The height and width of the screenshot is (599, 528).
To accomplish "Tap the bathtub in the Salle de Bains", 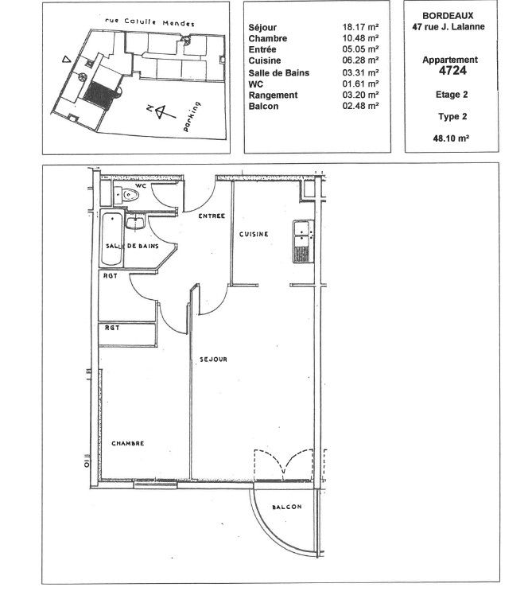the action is click(x=112, y=239).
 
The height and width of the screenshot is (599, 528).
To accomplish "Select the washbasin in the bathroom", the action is click(x=135, y=223).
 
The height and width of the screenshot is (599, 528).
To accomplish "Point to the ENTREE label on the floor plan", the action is click(x=212, y=216).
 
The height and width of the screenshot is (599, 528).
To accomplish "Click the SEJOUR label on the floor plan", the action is click(x=213, y=360).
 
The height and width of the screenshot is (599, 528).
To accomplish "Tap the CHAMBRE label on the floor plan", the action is click(x=128, y=444).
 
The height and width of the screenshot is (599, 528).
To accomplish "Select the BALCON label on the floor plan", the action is click(x=287, y=507).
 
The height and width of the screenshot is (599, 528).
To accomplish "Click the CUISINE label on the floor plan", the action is click(x=254, y=234).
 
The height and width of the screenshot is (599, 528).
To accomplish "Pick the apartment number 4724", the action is click(x=452, y=70).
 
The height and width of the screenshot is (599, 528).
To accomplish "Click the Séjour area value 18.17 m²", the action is click(x=360, y=27).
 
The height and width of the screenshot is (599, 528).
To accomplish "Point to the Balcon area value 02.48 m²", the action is click(x=360, y=106).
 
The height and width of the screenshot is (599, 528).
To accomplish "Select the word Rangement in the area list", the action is click(x=273, y=95).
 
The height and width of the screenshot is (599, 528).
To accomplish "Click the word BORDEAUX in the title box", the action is click(x=448, y=16).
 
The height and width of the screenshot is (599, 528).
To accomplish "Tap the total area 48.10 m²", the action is click(x=451, y=138).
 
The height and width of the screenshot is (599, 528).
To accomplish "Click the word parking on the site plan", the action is click(x=192, y=116).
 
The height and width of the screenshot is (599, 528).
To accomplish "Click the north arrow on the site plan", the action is click(x=161, y=111).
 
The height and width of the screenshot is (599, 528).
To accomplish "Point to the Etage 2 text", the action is click(x=452, y=95).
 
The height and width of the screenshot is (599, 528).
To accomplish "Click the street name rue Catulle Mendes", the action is click(x=149, y=22).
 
